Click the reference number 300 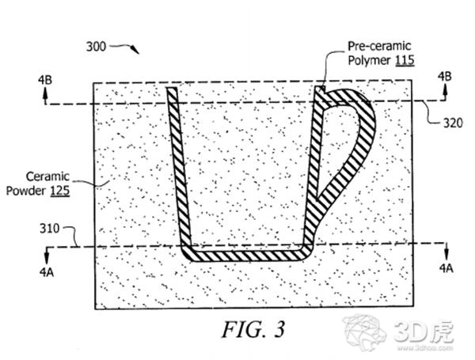click(96, 47)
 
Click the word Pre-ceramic click(379, 46)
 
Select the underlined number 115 click(405, 60)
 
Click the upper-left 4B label click(45, 80)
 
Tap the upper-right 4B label click(444, 76)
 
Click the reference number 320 click(453, 123)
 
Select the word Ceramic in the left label click(47, 176)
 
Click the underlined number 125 click(60, 191)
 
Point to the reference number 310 click(49, 229)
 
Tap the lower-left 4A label click(47, 272)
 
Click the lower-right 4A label click(446, 268)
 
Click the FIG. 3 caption click(253, 329)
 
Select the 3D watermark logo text click(424, 331)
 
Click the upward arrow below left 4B click(45, 96)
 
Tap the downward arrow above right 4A click(446, 251)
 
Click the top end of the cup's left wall click(172, 88)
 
